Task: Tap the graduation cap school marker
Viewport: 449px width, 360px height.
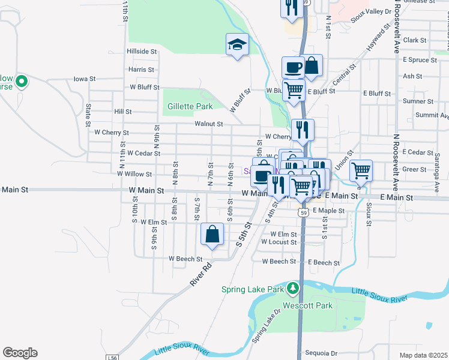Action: point(238,44)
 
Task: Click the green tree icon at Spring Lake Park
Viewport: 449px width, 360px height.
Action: point(293,289)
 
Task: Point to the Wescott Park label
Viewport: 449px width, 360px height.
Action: point(316,306)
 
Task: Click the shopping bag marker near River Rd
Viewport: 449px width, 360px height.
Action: point(212,235)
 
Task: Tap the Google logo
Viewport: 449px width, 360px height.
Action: point(20,353)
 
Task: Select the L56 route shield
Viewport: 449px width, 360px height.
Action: point(112,358)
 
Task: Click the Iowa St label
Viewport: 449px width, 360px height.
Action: point(85,79)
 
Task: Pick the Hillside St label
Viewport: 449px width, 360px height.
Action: point(141,52)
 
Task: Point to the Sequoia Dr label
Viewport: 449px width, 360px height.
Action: point(322,353)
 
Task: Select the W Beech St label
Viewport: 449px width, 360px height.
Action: point(185,259)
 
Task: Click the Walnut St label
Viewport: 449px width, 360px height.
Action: point(209,124)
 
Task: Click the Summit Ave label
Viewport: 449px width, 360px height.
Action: point(432,115)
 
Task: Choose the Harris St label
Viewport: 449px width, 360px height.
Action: point(141,70)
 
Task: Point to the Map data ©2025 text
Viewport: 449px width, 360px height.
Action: point(423,355)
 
